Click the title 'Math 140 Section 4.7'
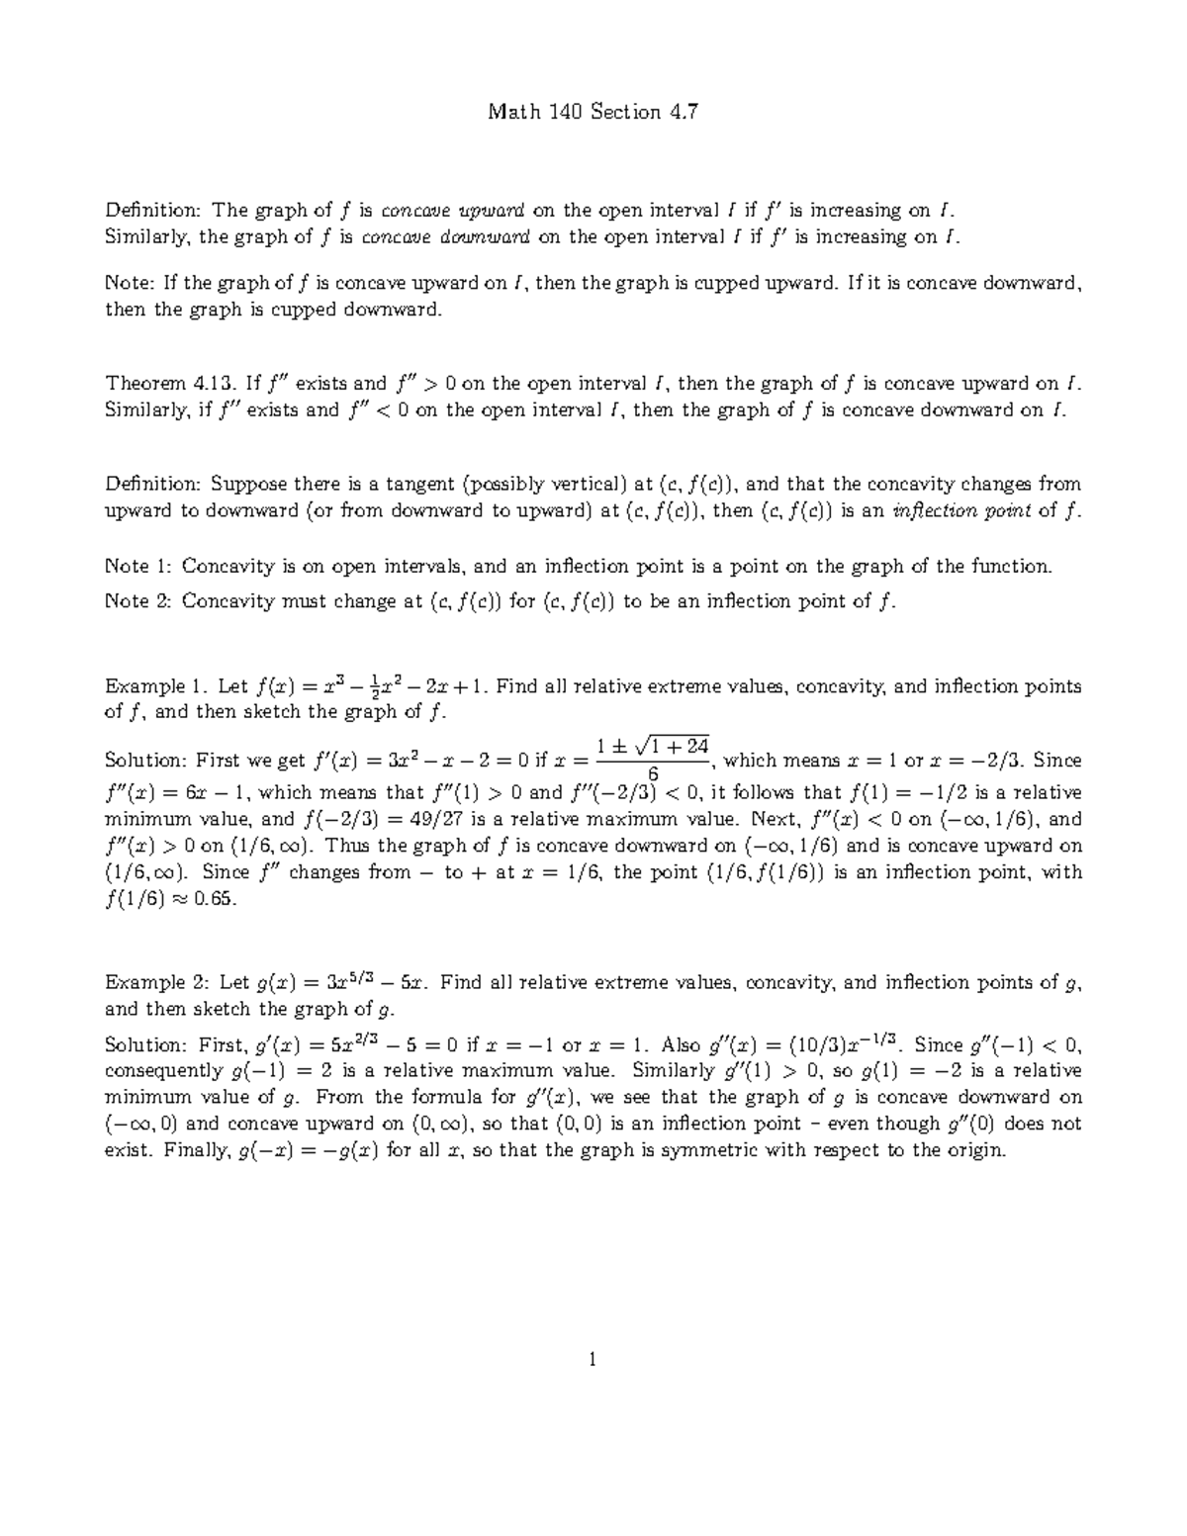pos(593,112)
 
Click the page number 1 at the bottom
pos(593,1360)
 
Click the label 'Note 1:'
pos(138,567)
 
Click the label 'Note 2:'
pos(138,601)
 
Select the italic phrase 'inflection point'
pos(959,511)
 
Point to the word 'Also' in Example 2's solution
pos(683,1045)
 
